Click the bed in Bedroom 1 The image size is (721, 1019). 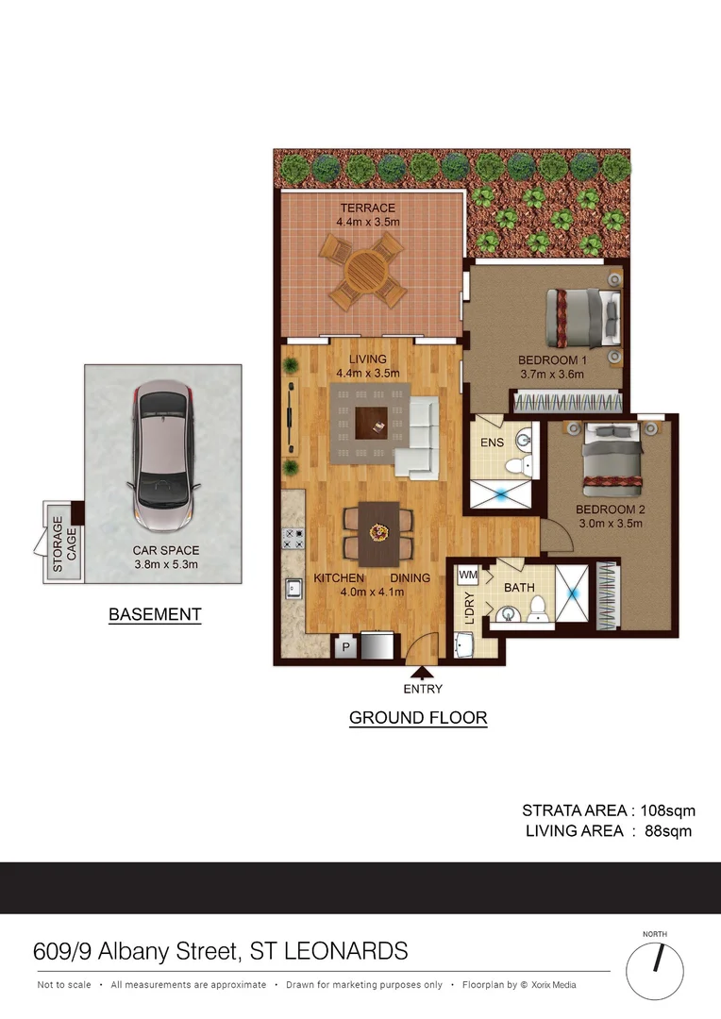(582, 319)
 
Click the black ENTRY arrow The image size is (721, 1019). (422, 672)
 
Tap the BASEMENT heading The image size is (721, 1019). (155, 614)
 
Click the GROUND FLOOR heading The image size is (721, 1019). (418, 718)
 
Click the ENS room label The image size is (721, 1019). (492, 443)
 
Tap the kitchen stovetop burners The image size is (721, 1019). (293, 539)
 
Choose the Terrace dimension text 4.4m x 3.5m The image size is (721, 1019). (368, 223)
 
